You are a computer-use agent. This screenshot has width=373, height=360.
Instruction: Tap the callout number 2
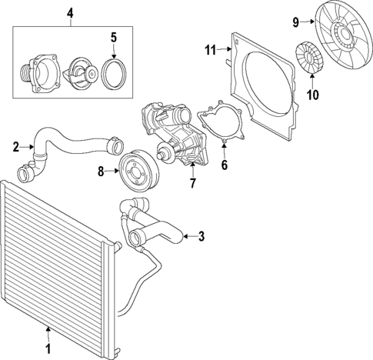click(x=15, y=145)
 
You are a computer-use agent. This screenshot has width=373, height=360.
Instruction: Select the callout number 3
click(x=201, y=236)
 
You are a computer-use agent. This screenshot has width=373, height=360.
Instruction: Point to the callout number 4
click(x=69, y=13)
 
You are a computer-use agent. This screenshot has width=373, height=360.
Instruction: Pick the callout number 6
click(x=225, y=165)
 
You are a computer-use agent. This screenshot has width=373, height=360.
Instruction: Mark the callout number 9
click(x=295, y=22)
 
